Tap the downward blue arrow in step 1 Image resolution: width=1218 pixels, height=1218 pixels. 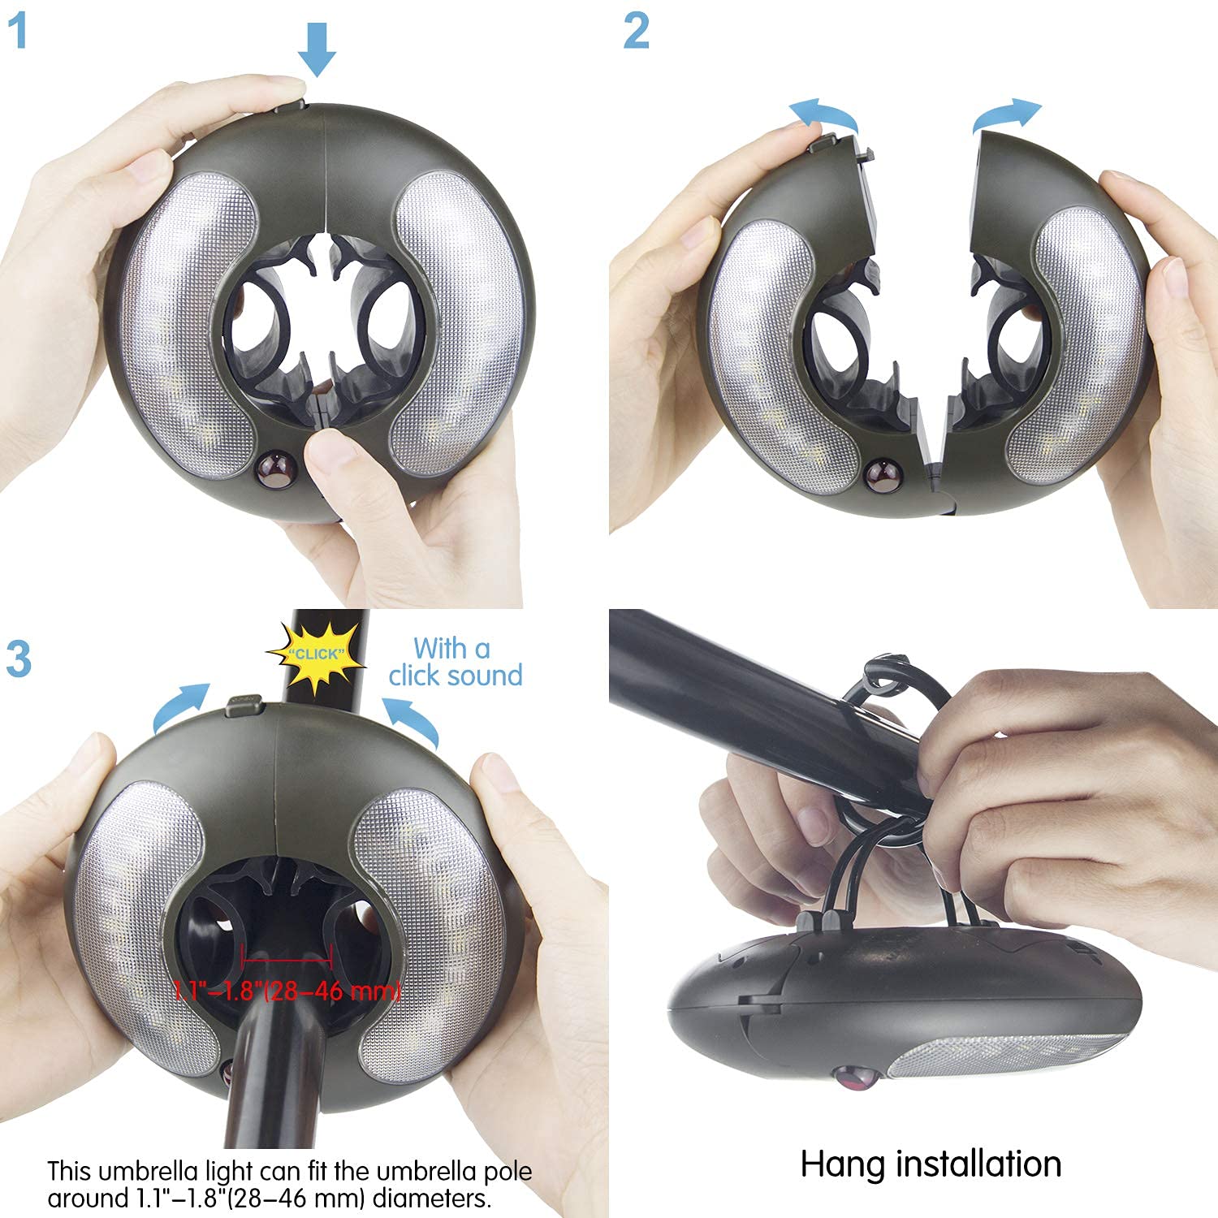pos(316,50)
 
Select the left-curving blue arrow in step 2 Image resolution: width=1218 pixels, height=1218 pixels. pos(826,114)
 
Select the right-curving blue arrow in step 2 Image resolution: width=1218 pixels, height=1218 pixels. pos(1007,114)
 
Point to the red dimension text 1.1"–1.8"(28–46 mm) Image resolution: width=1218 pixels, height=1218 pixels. pos(287,991)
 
